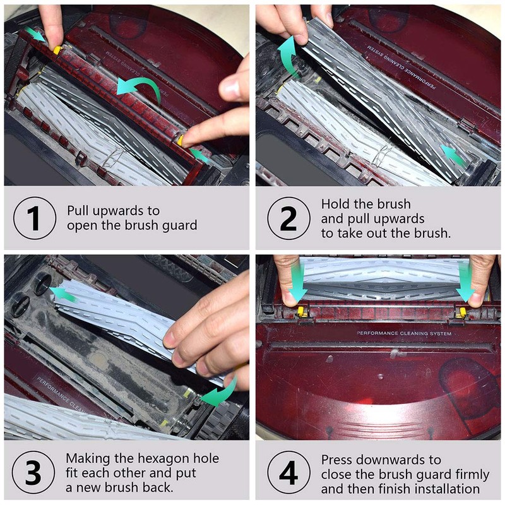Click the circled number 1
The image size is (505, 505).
point(35,218)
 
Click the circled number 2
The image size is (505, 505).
point(288,218)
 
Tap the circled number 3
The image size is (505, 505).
point(33,472)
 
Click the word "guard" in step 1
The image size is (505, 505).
point(179,225)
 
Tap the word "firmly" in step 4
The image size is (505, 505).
point(472,475)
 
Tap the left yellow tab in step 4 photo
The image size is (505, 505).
point(301,311)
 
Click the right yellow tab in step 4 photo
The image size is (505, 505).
point(463,312)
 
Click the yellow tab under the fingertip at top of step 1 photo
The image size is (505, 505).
point(57,50)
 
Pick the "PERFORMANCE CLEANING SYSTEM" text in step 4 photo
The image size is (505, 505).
point(404,333)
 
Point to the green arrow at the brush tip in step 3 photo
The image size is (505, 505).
point(64,294)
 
